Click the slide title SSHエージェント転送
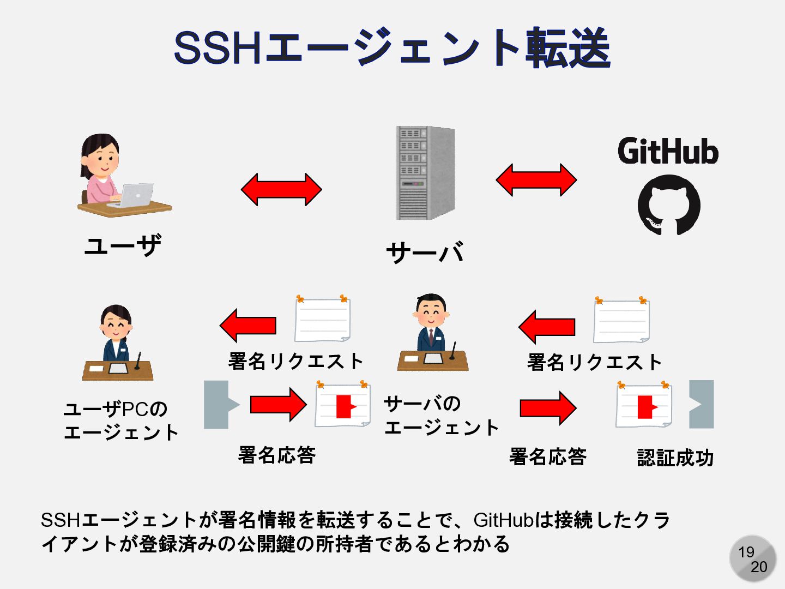391,48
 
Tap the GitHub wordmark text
668,151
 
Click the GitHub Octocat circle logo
669,205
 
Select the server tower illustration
425,173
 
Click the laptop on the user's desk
134,195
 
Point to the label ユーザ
123,245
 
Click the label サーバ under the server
425,253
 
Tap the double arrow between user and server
281,190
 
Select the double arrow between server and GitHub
536,179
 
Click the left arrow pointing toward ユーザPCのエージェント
248,326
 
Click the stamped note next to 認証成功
644,406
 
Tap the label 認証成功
675,458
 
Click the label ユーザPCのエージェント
120,420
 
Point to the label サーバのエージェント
440,416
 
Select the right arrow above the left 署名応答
278,405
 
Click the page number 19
746,552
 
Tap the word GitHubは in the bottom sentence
513,520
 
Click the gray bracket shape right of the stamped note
702,404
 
